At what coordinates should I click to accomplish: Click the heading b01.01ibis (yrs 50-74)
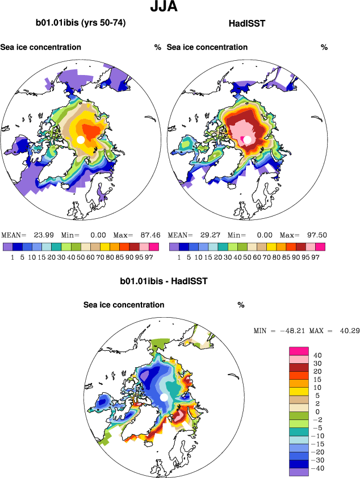[81, 23]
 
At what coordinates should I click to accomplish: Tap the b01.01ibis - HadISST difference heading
[164, 281]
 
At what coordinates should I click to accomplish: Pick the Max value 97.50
[315, 235]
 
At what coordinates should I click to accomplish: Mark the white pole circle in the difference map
[165, 398]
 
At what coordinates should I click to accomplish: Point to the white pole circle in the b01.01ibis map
[81, 140]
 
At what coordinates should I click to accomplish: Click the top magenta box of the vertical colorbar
[299, 351]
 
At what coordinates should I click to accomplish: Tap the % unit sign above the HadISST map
[324, 47]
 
